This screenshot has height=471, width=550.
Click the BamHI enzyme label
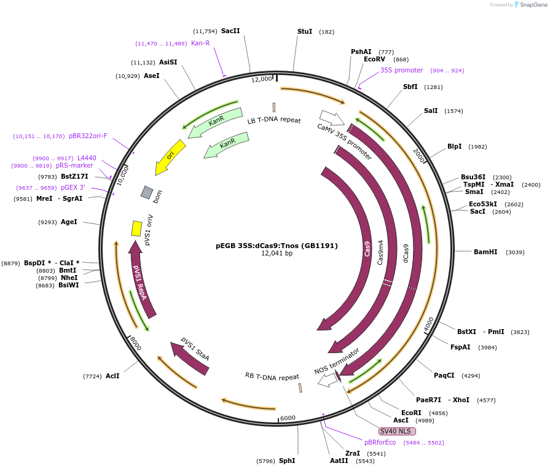485,252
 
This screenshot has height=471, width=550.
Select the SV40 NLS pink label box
395,431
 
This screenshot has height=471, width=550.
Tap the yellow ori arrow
167,158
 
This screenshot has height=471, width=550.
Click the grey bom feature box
147,192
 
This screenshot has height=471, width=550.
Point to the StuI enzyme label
305,31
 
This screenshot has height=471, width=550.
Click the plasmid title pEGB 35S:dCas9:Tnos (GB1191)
277,245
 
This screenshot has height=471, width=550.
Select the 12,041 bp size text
277,253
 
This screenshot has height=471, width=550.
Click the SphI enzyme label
287,461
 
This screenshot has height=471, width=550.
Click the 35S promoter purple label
401,70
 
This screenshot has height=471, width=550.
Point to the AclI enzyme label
112,376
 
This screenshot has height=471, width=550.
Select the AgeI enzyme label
69,222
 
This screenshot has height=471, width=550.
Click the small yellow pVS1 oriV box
136,228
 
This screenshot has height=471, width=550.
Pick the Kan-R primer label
200,43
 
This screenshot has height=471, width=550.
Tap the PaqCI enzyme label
444,375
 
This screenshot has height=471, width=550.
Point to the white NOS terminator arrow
326,380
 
